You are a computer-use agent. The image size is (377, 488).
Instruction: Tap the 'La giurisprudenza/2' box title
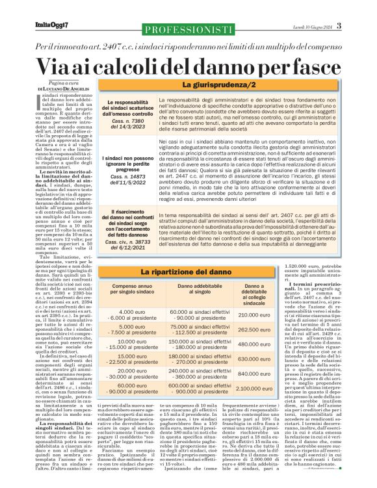213,86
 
